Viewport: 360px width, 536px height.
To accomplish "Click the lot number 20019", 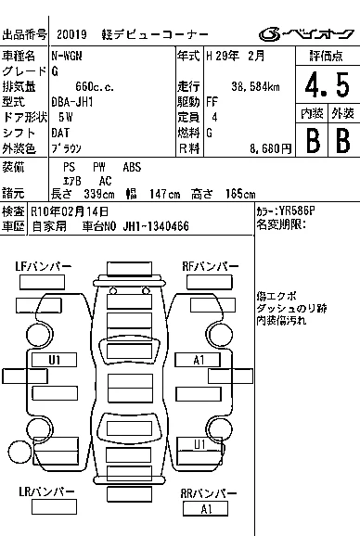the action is click(x=71, y=34).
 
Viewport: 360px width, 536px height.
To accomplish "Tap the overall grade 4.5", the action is click(x=328, y=84).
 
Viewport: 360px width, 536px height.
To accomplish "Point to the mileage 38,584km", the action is click(x=255, y=86).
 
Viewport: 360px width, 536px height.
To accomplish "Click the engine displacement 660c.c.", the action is click(x=95, y=87).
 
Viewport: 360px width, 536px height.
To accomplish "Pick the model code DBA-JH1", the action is click(x=72, y=102).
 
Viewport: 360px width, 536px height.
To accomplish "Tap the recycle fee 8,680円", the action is click(x=270, y=148).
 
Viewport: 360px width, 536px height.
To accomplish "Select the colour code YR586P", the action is click(x=296, y=211).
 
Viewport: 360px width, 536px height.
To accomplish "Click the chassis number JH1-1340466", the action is click(x=156, y=226).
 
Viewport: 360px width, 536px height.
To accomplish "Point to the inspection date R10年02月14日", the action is click(x=70, y=211).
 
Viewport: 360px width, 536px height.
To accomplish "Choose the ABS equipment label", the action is click(x=132, y=167).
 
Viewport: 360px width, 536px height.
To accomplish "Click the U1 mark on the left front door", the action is click(x=55, y=360).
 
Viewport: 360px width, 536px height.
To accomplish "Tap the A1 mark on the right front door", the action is click(x=199, y=360).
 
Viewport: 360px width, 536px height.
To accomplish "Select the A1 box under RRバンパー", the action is click(x=205, y=509).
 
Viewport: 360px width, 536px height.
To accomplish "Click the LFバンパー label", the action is click(x=44, y=266).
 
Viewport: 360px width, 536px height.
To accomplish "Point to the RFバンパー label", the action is click(x=211, y=266).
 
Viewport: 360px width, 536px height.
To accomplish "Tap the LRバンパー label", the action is click(x=46, y=491).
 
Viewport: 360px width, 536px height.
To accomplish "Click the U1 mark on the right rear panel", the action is click(x=200, y=444).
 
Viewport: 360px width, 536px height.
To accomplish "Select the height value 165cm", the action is click(x=240, y=194).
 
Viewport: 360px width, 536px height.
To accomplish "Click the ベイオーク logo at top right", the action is click(x=306, y=34).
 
